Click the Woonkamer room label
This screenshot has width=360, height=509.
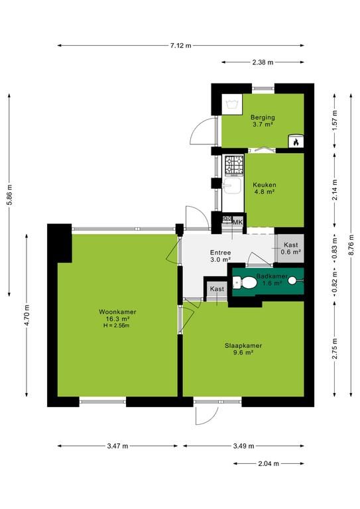(x=117, y=312)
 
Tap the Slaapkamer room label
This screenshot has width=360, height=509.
(x=243, y=346)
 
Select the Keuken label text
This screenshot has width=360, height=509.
(x=265, y=185)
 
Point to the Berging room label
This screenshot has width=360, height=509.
(x=263, y=117)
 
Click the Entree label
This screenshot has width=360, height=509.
(x=220, y=253)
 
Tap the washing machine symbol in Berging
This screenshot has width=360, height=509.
(x=233, y=104)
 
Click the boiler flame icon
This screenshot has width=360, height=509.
(x=296, y=141)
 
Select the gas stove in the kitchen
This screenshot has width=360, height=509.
(x=235, y=166)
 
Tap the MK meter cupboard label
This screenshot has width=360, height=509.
(x=238, y=223)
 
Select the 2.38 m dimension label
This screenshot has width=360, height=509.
(x=263, y=62)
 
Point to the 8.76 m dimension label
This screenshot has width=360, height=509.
(x=351, y=245)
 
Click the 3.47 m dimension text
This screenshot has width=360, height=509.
(x=117, y=446)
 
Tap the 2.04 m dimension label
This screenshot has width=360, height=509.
(x=269, y=463)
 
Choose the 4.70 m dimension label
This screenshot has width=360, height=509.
(x=27, y=315)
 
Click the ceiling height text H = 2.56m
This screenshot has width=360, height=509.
(x=117, y=325)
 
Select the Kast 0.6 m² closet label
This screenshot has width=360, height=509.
(x=290, y=249)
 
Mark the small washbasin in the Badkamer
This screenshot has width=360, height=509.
(x=294, y=280)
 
